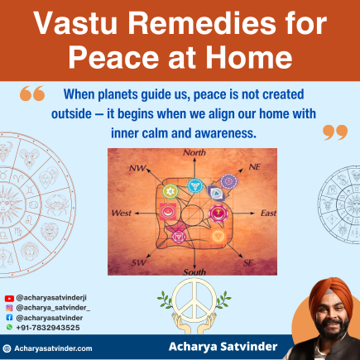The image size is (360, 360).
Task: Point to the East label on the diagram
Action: [x=268, y=214]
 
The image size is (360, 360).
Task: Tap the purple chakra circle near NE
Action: [x=229, y=180]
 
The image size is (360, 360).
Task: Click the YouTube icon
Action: [x=9, y=296]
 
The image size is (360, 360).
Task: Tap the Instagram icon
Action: [x=9, y=306]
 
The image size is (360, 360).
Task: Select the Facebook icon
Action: [x=9, y=316]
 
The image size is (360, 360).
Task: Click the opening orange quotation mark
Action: [x=31, y=94]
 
